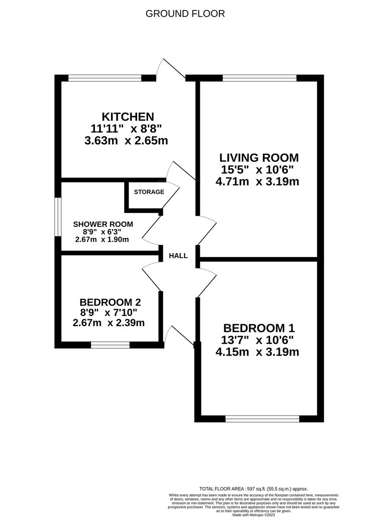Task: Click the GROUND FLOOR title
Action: tap(185, 14)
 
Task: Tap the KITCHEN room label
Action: tap(127, 117)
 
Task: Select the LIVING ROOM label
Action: tap(259, 157)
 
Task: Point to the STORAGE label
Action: tap(149, 192)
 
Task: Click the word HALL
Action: tap(178, 256)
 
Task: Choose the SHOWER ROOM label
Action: tap(103, 224)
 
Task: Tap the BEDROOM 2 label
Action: tap(110, 302)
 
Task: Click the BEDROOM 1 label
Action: tap(259, 328)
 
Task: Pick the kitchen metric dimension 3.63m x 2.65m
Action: tap(126, 141)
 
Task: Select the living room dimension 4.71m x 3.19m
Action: tap(257, 181)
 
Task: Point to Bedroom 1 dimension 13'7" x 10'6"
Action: tap(257, 339)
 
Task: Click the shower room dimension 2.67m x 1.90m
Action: tap(102, 240)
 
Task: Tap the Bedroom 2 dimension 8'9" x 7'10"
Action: tap(109, 312)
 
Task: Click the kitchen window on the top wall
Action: tap(105, 78)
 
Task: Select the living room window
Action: tap(260, 78)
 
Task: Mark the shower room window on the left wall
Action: tap(58, 217)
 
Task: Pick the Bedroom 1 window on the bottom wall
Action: tap(262, 419)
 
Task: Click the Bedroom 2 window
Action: tap(110, 345)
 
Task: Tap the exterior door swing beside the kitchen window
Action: tap(171, 68)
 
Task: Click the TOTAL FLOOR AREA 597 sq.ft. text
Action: tap(253, 489)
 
